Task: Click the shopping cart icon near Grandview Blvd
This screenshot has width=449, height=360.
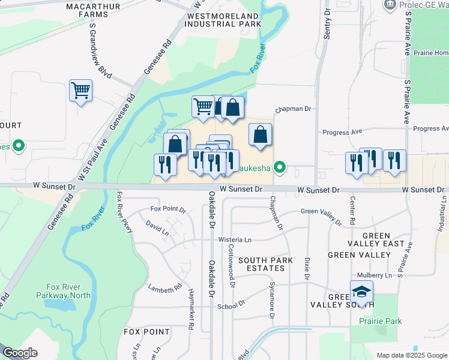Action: [x=80, y=91]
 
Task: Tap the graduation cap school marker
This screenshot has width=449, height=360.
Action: [x=361, y=292]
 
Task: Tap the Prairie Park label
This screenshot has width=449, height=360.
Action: [x=381, y=322]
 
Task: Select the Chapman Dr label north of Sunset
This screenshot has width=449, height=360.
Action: [x=295, y=110]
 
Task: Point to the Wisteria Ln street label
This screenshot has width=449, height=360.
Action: [x=234, y=240]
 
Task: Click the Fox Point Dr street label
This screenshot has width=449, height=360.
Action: [x=168, y=209]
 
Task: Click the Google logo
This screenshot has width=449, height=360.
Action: [x=20, y=353]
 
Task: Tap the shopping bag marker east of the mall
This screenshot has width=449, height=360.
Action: [x=260, y=135]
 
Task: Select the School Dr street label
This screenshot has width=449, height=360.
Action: [x=231, y=305]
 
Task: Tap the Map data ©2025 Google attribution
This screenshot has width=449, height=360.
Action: [x=412, y=355]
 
